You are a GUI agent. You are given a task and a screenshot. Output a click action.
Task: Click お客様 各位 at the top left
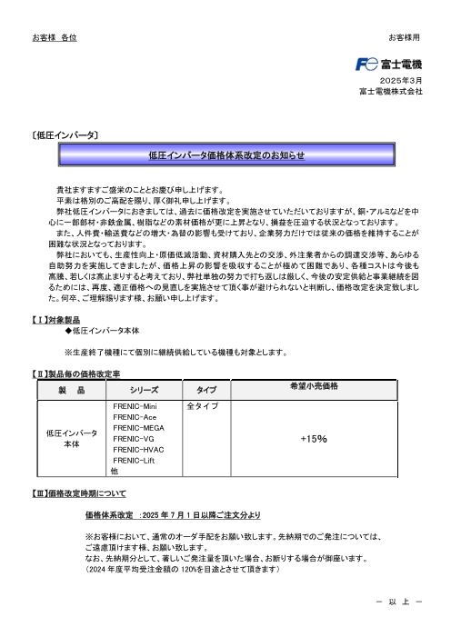click(55, 37)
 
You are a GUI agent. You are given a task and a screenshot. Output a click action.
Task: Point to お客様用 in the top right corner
click(406, 37)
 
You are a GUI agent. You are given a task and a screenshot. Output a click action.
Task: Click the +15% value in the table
click(314, 438)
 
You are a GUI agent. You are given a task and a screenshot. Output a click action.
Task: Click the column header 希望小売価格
click(314, 387)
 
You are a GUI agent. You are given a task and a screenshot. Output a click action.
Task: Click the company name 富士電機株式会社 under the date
click(390, 92)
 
